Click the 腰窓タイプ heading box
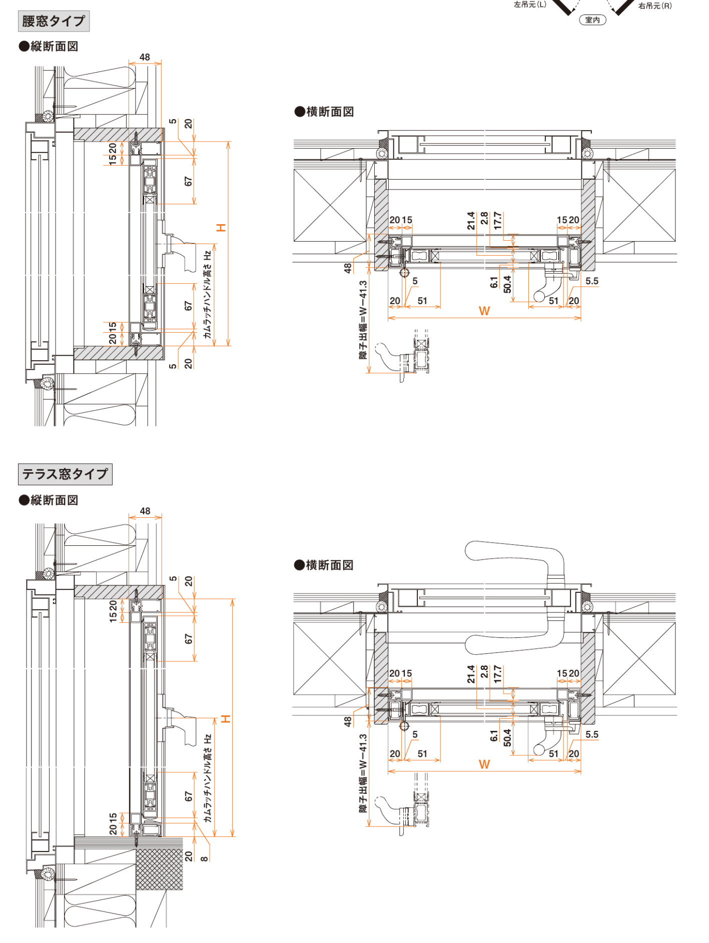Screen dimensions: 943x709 54,21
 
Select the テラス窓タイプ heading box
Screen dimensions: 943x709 65,474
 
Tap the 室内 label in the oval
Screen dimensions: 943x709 592,20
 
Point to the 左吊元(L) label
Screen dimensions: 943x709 530,5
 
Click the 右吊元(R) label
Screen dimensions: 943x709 654,6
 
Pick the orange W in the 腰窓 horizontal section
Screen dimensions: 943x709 484,311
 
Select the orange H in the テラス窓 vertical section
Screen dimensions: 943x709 226,719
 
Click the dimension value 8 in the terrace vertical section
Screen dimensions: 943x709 204,858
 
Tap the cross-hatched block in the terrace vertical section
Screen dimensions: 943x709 159,868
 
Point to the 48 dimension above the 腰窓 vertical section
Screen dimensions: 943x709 145,57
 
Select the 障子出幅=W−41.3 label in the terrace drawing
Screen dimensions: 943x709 363,773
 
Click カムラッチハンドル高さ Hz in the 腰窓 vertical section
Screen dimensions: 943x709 208,294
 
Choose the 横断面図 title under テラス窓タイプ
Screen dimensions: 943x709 324,565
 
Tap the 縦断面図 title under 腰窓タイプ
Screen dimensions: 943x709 49,47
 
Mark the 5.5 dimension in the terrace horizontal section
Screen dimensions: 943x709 592,734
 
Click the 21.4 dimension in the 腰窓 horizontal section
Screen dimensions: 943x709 471,221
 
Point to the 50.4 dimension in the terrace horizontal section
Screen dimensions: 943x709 507,737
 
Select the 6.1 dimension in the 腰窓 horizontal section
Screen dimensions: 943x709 494,283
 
